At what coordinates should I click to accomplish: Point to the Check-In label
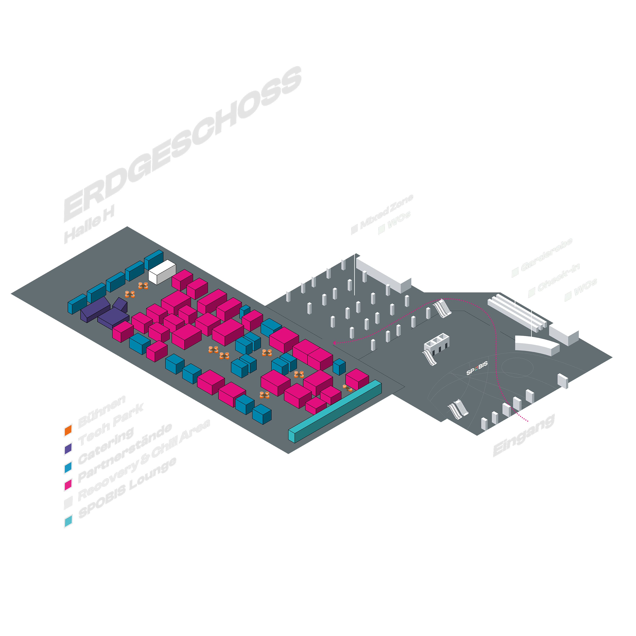(x=559, y=278)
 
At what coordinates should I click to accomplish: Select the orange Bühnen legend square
(x=68, y=431)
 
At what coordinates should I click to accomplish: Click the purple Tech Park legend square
(x=68, y=449)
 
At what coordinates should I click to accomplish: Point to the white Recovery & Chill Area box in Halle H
(x=162, y=272)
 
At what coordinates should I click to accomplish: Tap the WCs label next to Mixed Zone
(x=399, y=220)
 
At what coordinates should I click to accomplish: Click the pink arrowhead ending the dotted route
(x=334, y=343)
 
